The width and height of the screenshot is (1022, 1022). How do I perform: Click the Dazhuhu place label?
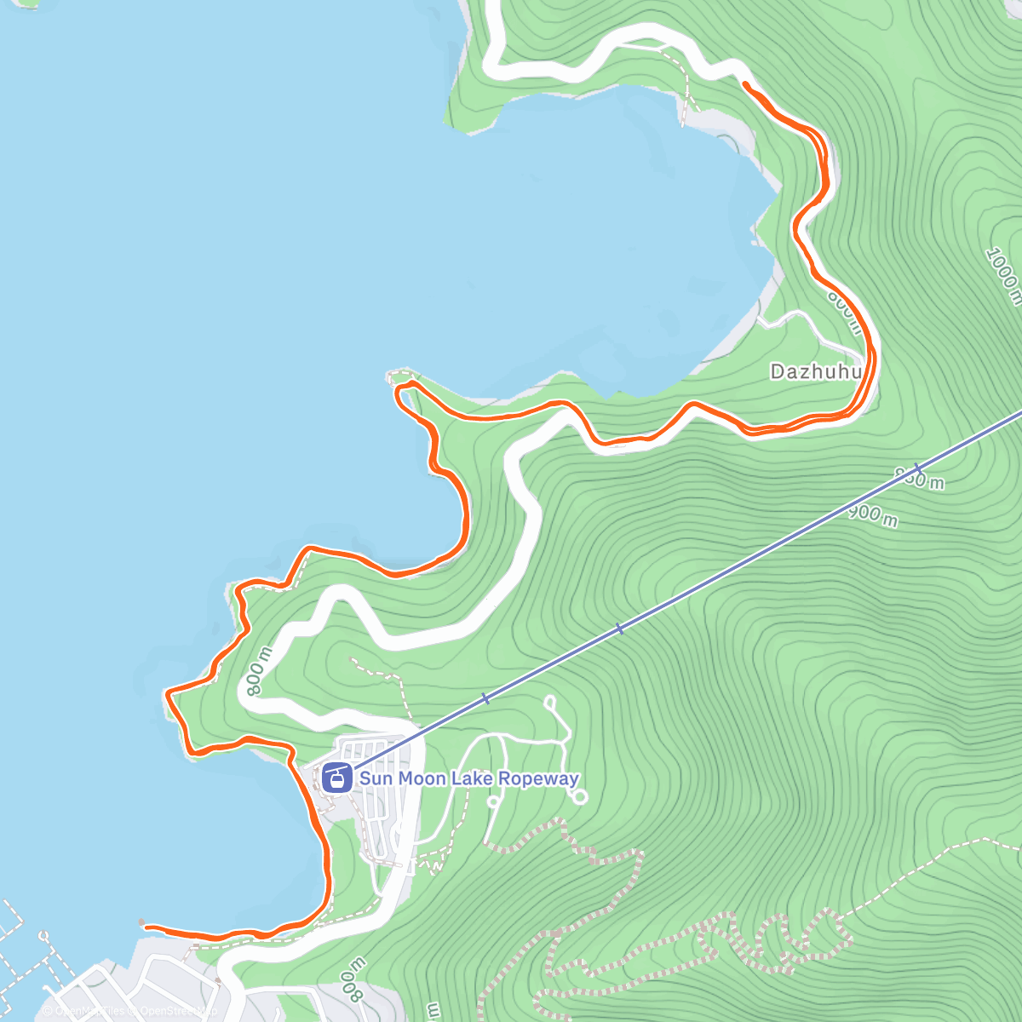[x=816, y=371]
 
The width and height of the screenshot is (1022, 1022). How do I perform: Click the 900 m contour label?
[x=873, y=515]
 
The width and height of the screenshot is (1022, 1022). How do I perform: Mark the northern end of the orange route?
[x=745, y=83]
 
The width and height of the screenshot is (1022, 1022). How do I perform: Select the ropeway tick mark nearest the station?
[x=485, y=698]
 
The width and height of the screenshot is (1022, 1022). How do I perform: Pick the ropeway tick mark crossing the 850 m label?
[x=917, y=468]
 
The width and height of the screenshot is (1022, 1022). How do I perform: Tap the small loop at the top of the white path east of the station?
[x=549, y=703]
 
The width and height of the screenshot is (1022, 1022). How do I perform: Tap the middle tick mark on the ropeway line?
[x=619, y=629]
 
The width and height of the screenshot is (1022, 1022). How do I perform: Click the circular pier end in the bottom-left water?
[x=44, y=935]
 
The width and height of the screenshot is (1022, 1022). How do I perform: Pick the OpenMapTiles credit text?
[x=85, y=1011]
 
